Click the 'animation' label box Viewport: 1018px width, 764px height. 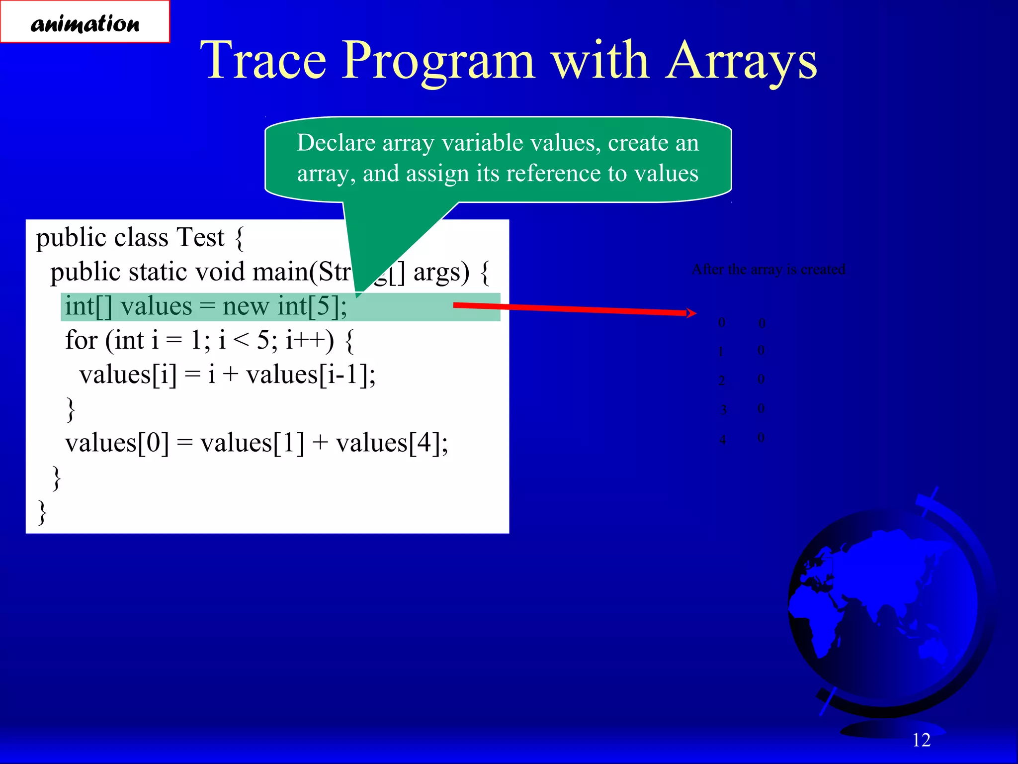click(85, 22)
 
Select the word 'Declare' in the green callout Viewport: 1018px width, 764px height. click(336, 143)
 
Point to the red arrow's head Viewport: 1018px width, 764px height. click(692, 313)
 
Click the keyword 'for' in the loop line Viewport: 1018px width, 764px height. click(81, 341)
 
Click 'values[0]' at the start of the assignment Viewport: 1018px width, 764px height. click(117, 443)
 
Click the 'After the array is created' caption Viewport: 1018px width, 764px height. click(768, 270)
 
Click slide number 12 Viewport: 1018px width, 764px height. click(921, 740)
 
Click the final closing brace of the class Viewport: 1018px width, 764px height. click(43, 512)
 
